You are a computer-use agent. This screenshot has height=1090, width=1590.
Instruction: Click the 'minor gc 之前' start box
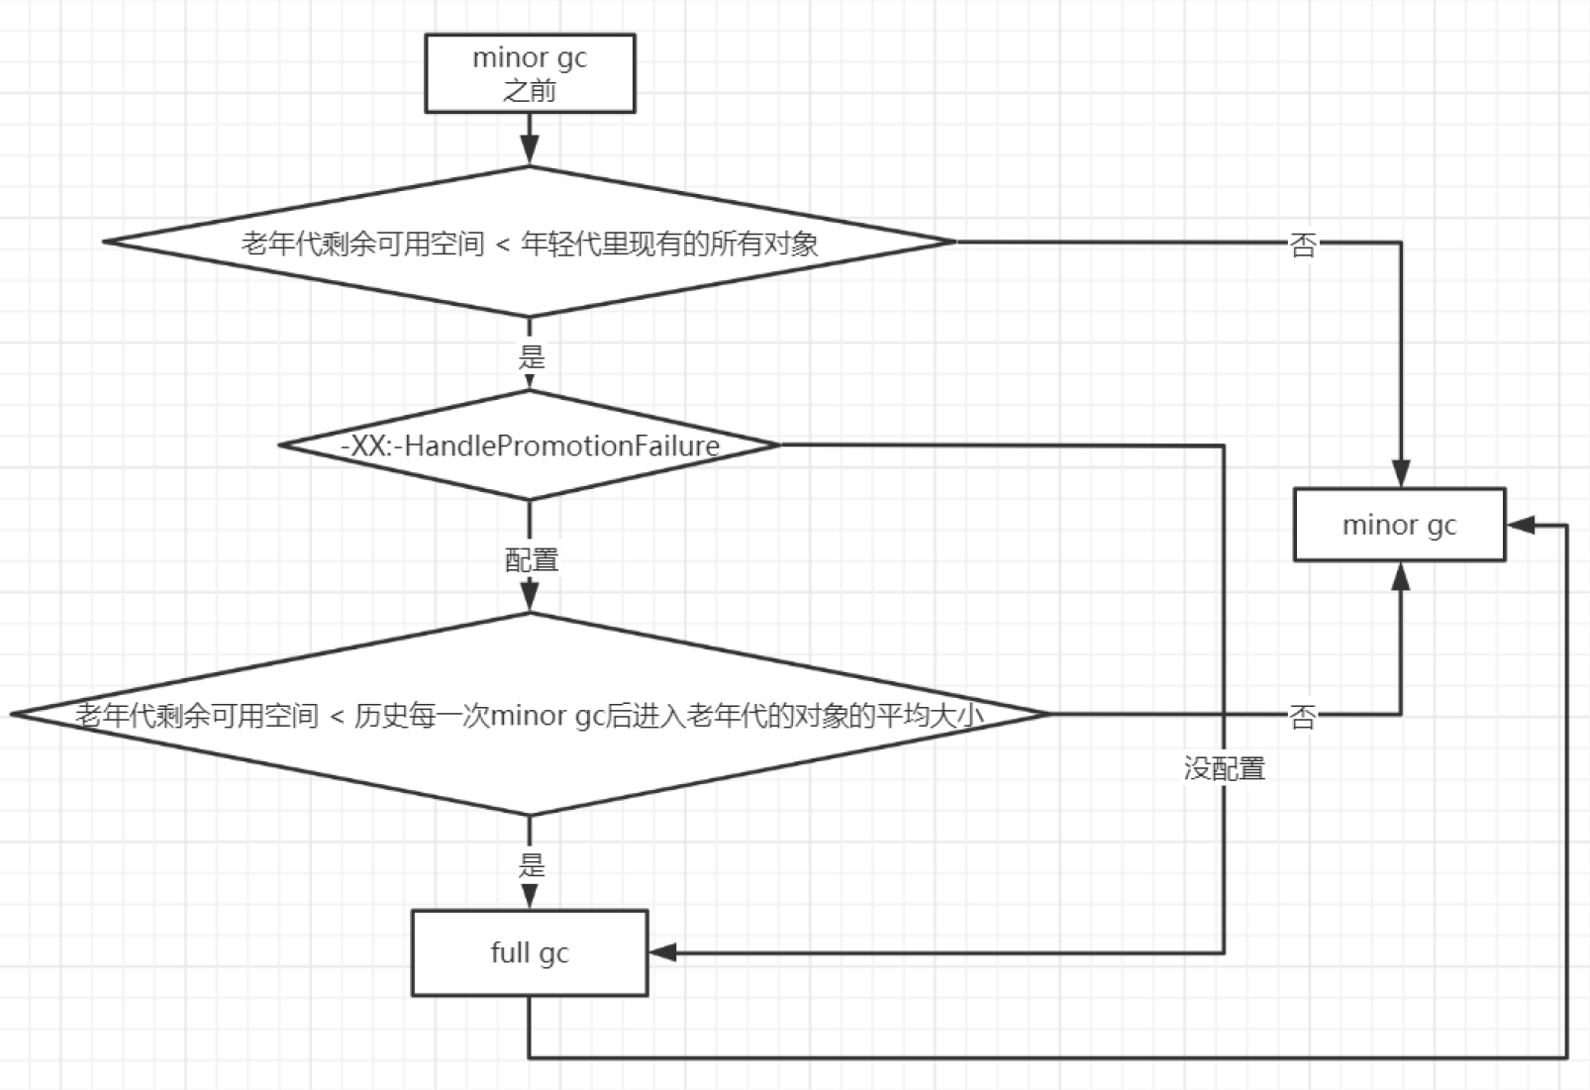(x=530, y=73)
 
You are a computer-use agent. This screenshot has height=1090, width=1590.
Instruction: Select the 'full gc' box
(x=530, y=952)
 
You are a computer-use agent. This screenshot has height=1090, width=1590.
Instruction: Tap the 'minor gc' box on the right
(x=1399, y=525)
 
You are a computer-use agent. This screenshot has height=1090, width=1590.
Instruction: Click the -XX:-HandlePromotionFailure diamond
(x=530, y=446)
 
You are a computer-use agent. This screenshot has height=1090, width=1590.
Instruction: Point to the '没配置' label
(x=1224, y=768)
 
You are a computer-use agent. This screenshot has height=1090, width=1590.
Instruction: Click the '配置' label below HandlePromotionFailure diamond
(x=532, y=560)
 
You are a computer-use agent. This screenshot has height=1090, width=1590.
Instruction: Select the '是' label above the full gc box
(x=532, y=865)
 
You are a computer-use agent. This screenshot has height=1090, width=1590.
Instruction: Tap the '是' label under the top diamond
(x=532, y=356)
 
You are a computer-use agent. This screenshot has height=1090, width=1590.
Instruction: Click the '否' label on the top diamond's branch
(x=1303, y=245)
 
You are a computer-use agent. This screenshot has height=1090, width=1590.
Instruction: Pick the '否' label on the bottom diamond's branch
(x=1303, y=716)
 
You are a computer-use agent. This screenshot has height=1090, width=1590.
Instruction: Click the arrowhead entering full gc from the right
(x=662, y=952)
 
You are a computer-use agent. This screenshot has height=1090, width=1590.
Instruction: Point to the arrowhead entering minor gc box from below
(x=1400, y=576)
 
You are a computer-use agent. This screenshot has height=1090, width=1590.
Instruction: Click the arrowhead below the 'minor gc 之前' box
(x=530, y=150)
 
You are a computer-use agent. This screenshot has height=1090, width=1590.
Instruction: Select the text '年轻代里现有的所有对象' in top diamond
(x=670, y=244)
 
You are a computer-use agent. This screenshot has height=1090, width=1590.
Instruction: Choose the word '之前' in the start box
(x=530, y=91)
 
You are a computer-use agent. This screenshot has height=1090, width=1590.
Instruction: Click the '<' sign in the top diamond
(x=502, y=245)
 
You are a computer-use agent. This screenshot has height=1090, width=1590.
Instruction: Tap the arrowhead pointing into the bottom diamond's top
(x=530, y=598)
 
